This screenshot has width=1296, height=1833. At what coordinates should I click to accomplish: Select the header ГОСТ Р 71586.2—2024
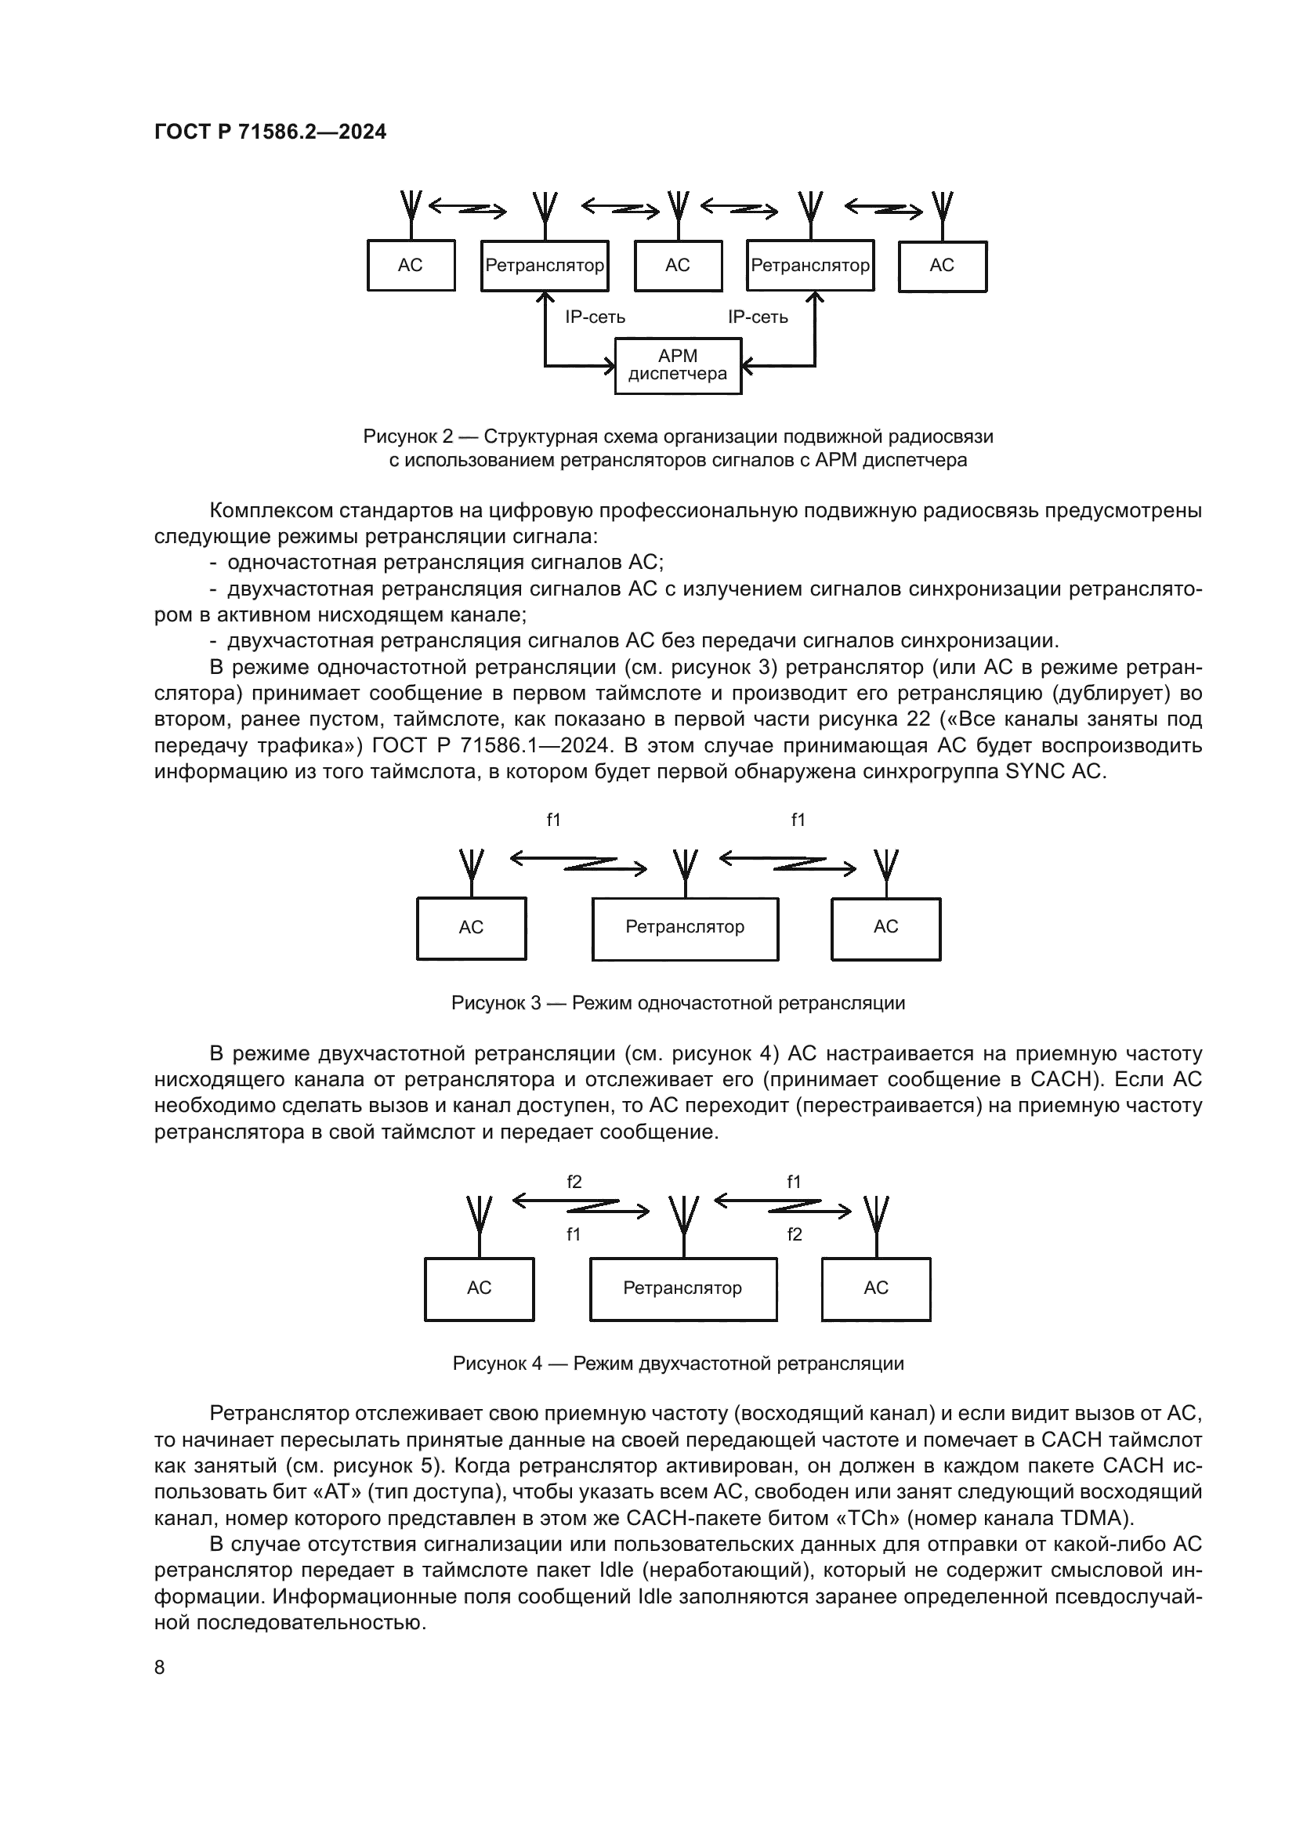pyautogui.click(x=270, y=132)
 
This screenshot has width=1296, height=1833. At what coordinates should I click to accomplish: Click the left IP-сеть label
pyautogui.click(x=596, y=317)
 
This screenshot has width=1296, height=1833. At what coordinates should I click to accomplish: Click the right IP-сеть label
pyautogui.click(x=758, y=317)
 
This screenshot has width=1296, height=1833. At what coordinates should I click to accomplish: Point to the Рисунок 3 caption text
pyautogui.click(x=679, y=1003)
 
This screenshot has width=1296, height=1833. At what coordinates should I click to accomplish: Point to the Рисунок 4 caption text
pyautogui.click(x=679, y=1363)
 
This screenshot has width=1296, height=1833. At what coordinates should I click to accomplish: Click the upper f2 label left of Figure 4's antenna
pyautogui.click(x=574, y=1183)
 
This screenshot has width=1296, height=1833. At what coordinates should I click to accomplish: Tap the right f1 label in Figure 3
pyautogui.click(x=798, y=820)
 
